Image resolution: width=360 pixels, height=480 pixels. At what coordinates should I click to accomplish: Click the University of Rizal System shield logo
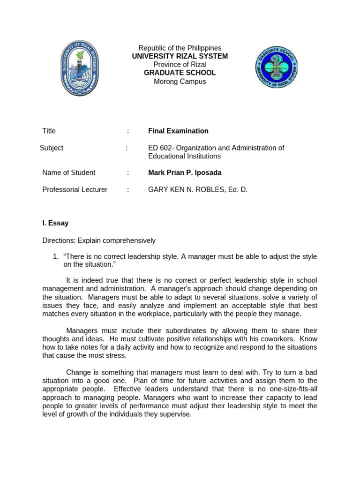point(80,68)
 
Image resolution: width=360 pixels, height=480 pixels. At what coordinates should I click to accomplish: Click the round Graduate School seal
point(277,67)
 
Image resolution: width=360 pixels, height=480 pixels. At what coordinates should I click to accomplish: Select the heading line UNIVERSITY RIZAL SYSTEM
point(180,56)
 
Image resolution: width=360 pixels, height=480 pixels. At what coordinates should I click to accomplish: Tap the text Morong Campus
point(180,82)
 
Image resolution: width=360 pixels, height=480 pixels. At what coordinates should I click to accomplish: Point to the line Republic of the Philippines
point(180,48)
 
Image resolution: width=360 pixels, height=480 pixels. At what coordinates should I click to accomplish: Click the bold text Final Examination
point(178,131)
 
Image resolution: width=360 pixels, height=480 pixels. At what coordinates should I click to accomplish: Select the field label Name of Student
point(68,172)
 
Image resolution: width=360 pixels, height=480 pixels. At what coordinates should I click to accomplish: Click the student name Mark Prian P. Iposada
point(185,172)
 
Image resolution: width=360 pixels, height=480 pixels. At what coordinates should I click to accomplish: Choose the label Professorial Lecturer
point(75,190)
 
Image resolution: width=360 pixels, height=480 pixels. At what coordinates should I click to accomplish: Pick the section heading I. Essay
point(55,223)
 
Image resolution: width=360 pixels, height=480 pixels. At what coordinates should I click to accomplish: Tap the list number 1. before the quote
point(55,256)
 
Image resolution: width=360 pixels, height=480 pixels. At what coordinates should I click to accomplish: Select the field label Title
point(49,131)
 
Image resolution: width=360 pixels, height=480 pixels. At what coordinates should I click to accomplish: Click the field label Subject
point(52,148)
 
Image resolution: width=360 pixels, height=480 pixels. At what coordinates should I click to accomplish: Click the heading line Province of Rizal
point(180,65)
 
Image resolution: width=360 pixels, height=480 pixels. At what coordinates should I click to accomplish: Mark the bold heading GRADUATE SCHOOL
point(180,73)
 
